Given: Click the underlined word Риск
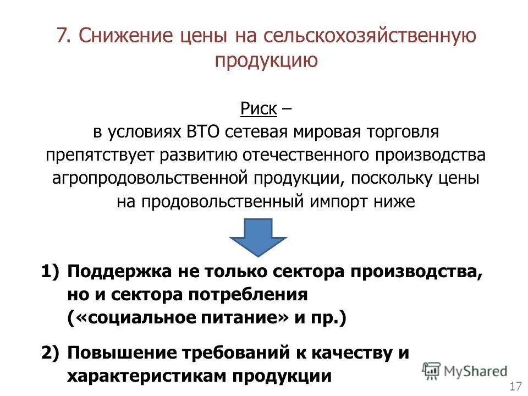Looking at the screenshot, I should tap(258, 108).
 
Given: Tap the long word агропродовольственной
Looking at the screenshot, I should tap(152, 178).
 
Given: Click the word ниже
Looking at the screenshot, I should tap(394, 201).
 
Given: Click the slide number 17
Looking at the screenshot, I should tap(516, 386).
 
